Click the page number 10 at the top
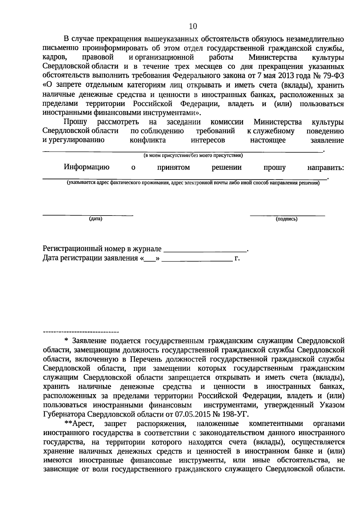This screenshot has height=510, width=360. coord(193,27)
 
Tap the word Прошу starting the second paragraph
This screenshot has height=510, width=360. coord(75,122)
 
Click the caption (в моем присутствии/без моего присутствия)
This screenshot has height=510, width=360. coord(193,155)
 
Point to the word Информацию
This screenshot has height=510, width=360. coord(86,167)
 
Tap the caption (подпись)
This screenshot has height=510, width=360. coord(286,219)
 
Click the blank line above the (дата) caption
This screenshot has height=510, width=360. coord(88,215)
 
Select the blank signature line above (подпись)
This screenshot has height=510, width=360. coord(287,215)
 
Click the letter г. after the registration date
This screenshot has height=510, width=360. coord(237,258)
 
